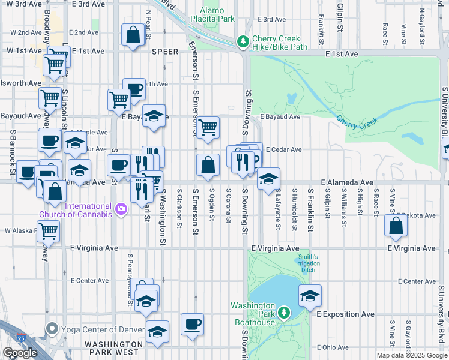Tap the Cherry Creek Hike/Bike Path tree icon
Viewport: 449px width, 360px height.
click(243, 41)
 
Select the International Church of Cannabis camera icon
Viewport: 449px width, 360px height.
click(121, 209)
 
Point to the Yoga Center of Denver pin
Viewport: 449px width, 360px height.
click(52, 329)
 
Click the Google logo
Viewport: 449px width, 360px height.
click(20, 353)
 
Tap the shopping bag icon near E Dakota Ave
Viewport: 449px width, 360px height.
click(396, 226)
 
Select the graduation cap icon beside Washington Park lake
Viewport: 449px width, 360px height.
click(310, 296)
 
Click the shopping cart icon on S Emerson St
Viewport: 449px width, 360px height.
click(208, 127)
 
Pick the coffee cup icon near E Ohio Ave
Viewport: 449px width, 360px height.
click(192, 325)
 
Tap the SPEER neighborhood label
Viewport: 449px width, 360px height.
click(165, 52)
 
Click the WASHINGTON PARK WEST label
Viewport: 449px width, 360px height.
click(115, 349)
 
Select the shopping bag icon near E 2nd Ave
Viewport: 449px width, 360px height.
click(133, 34)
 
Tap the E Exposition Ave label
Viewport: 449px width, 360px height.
click(345, 314)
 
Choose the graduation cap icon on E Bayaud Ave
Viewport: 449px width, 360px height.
click(154, 116)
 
